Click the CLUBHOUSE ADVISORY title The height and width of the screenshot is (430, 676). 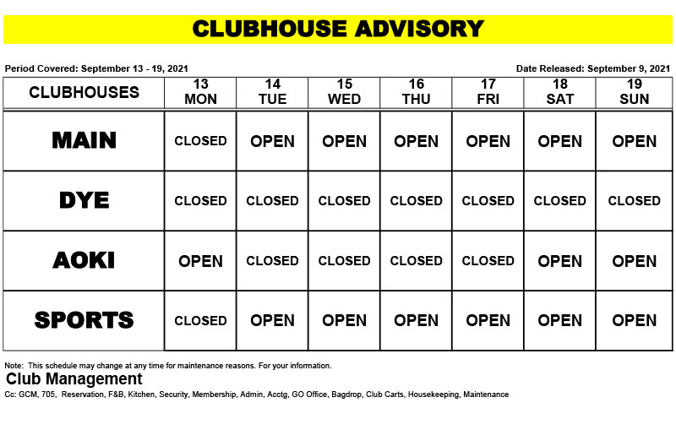point(338,29)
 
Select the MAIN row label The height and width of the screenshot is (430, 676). point(84,140)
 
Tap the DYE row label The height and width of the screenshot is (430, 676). point(84,200)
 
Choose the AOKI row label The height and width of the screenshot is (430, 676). point(84,260)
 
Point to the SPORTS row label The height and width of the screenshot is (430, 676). point(84,320)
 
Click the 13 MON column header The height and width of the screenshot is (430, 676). point(200,92)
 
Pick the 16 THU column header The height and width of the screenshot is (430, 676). point(416,92)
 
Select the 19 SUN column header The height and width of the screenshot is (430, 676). point(634,92)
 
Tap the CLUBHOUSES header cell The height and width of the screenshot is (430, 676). point(84,92)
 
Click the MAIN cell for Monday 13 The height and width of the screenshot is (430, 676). point(200,141)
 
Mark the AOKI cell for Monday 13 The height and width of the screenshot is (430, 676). point(200,261)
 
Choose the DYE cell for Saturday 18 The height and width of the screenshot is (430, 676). point(559,201)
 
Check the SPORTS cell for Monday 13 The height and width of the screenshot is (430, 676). point(200,321)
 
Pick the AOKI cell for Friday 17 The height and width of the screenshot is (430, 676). point(488,261)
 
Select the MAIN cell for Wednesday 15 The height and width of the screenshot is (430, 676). point(344,141)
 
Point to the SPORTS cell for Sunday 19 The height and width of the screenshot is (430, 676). point(634,321)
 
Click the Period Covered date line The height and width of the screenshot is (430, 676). point(96,68)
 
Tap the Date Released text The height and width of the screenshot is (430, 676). point(592,68)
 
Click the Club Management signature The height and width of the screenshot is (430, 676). point(74,379)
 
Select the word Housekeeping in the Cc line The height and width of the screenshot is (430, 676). point(433,395)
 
